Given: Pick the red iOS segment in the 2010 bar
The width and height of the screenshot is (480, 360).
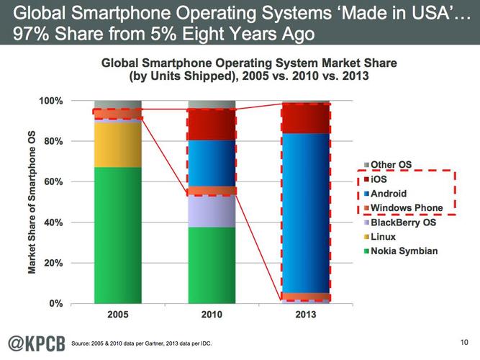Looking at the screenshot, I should click(212, 125).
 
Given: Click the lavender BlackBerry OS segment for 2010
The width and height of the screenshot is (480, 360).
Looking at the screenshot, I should click(212, 211).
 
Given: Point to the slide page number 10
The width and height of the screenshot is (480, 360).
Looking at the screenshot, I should click(463, 341).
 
